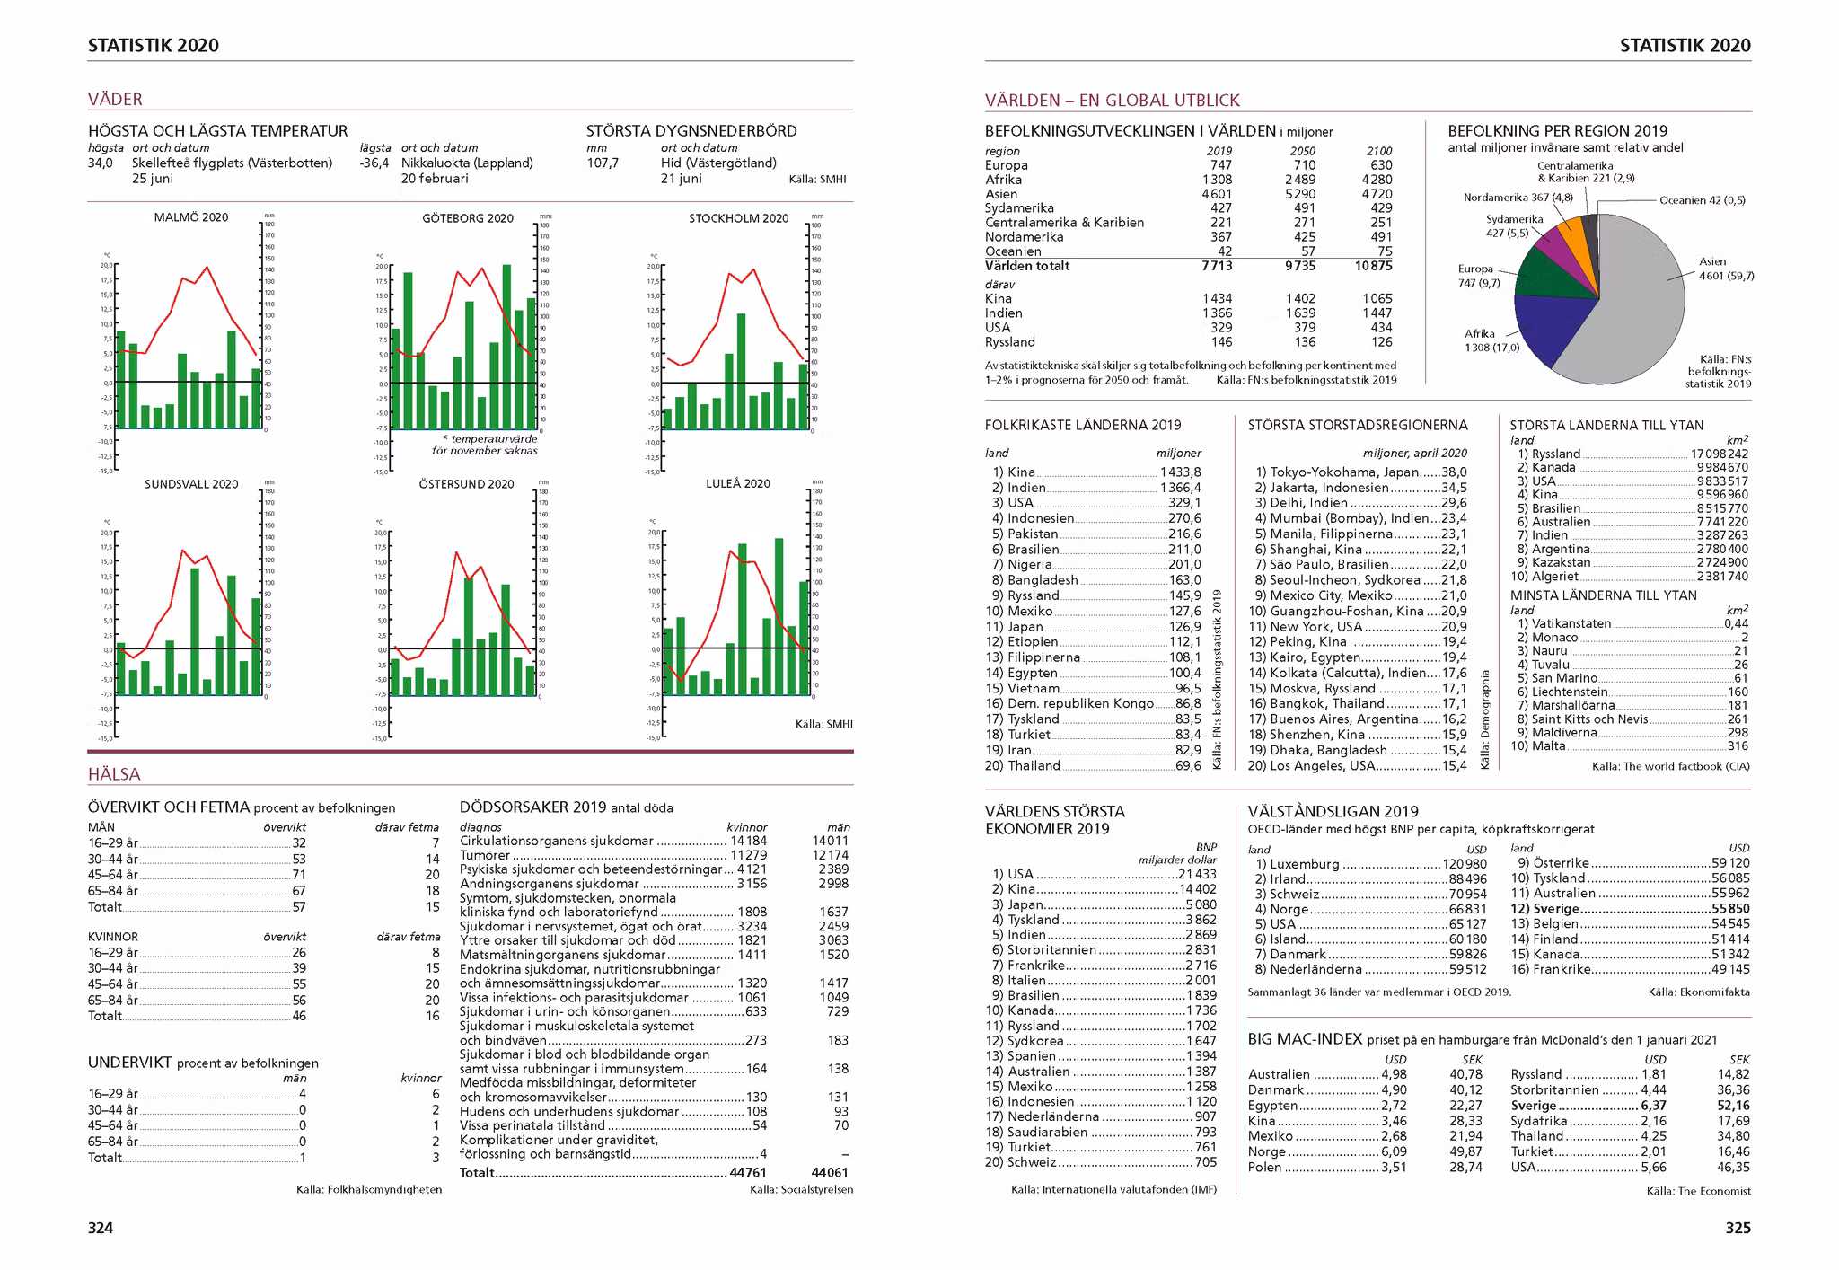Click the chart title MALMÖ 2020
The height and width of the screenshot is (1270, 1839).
[190, 217]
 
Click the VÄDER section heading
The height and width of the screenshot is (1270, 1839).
[115, 99]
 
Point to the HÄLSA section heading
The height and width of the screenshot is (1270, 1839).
[114, 774]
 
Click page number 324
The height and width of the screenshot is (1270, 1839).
[101, 1228]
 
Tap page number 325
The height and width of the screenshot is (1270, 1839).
[1738, 1228]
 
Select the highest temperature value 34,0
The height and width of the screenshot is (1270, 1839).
[101, 163]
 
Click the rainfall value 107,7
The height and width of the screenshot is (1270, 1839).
[603, 163]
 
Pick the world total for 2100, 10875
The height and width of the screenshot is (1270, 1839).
[1373, 266]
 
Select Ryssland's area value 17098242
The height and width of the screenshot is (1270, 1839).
[1719, 454]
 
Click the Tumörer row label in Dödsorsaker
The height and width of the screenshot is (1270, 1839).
[485, 855]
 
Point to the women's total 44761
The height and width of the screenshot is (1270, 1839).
[748, 1172]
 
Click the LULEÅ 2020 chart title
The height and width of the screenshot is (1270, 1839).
[737, 483]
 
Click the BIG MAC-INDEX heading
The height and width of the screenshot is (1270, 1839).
[1305, 1039]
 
